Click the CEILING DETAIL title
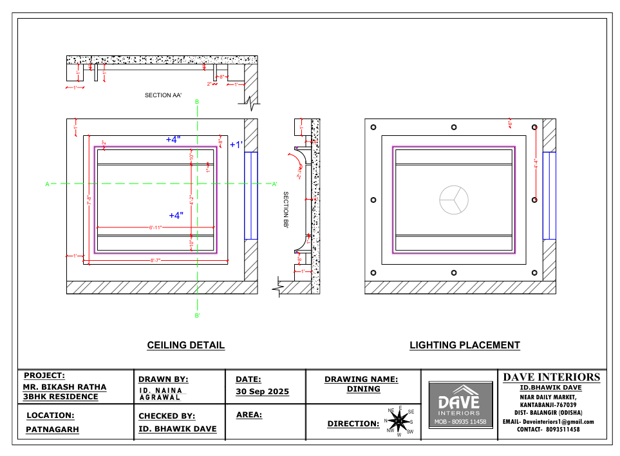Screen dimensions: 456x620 (x=186, y=345)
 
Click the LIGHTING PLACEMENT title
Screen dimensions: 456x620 (x=465, y=345)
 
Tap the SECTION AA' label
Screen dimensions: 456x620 (x=163, y=95)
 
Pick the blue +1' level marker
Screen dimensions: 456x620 (x=236, y=145)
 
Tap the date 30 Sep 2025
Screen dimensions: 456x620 (x=263, y=392)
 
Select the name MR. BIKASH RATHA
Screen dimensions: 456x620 (x=64, y=387)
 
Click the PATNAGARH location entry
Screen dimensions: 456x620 (x=52, y=429)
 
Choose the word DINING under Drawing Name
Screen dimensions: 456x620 (x=364, y=389)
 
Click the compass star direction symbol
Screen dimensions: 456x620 (x=399, y=422)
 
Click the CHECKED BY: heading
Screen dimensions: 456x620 (x=167, y=416)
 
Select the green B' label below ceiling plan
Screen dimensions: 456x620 (x=198, y=316)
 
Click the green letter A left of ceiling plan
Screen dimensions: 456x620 (x=47, y=185)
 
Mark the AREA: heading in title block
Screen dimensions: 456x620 (x=249, y=415)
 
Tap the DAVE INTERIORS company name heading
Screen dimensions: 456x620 (x=551, y=377)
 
